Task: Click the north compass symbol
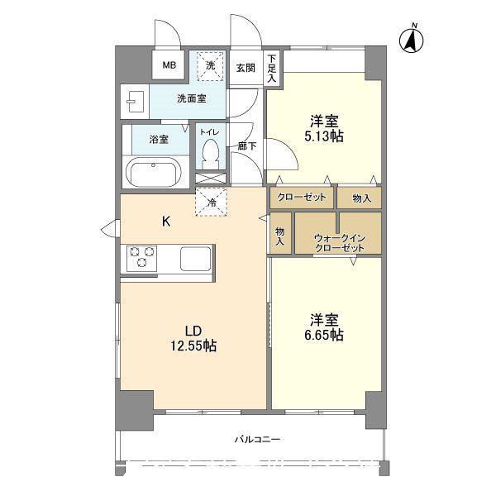point(411,40)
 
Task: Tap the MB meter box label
point(169,65)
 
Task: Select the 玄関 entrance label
point(246,68)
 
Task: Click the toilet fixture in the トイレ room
point(210,155)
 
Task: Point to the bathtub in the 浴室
point(155,173)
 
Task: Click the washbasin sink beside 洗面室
point(135,102)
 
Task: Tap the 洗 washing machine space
point(211,66)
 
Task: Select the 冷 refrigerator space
point(212,203)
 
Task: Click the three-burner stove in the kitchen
point(141,259)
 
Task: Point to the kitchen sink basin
point(195,259)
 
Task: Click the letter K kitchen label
point(166,222)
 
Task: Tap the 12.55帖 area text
point(193,346)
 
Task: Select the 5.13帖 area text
point(323,136)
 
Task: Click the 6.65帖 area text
point(324,335)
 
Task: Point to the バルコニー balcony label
point(257,440)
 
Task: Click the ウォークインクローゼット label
point(340,242)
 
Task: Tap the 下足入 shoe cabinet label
point(271,69)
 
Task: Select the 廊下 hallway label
point(246,146)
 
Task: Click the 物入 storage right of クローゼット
point(361,198)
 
